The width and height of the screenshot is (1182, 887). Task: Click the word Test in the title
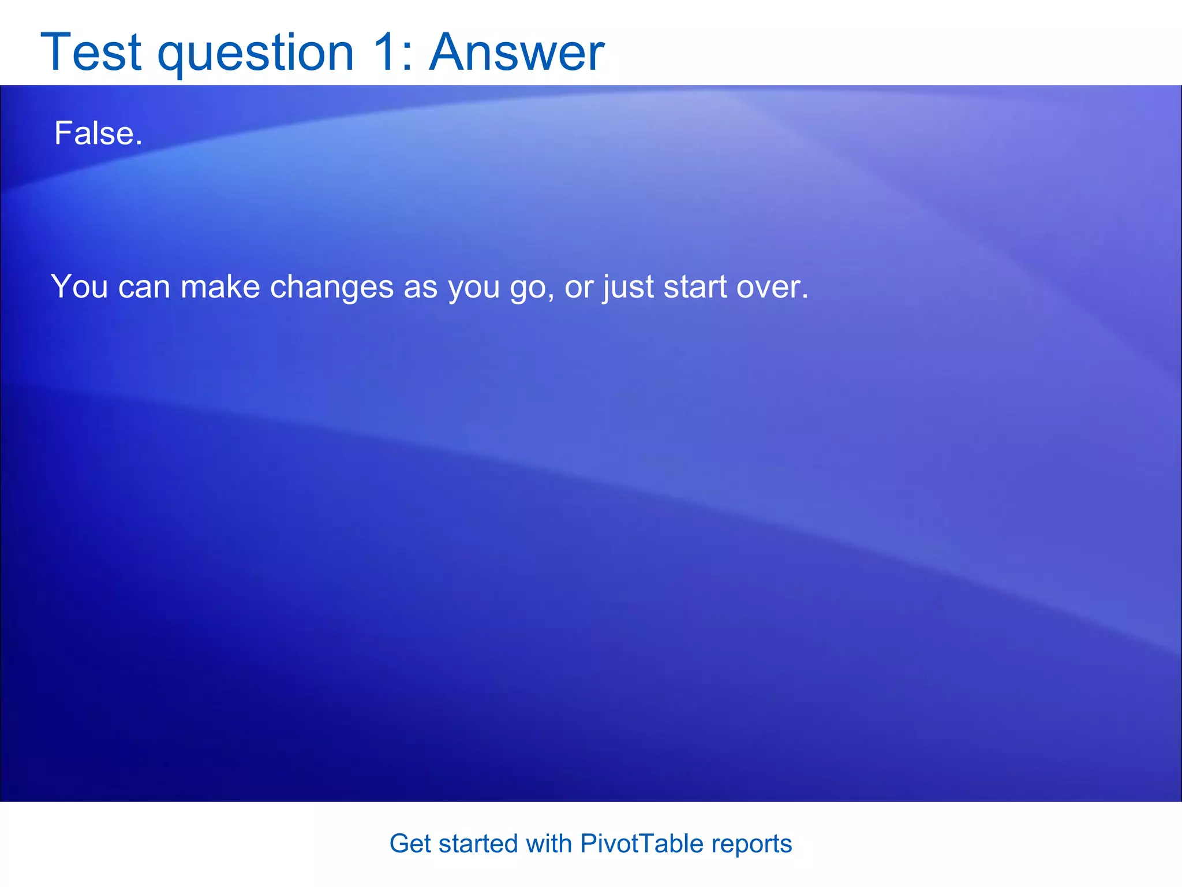[91, 53]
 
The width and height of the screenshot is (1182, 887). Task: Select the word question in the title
[256, 54]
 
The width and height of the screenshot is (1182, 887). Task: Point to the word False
[98, 133]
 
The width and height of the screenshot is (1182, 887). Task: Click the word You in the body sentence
[79, 286]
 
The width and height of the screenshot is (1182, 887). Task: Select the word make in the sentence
[220, 286]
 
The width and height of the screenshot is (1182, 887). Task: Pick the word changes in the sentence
[331, 286]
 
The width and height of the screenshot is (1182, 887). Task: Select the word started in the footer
[478, 844]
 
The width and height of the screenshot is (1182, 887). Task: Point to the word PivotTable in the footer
[642, 844]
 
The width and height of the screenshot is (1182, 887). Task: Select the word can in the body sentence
[144, 286]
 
